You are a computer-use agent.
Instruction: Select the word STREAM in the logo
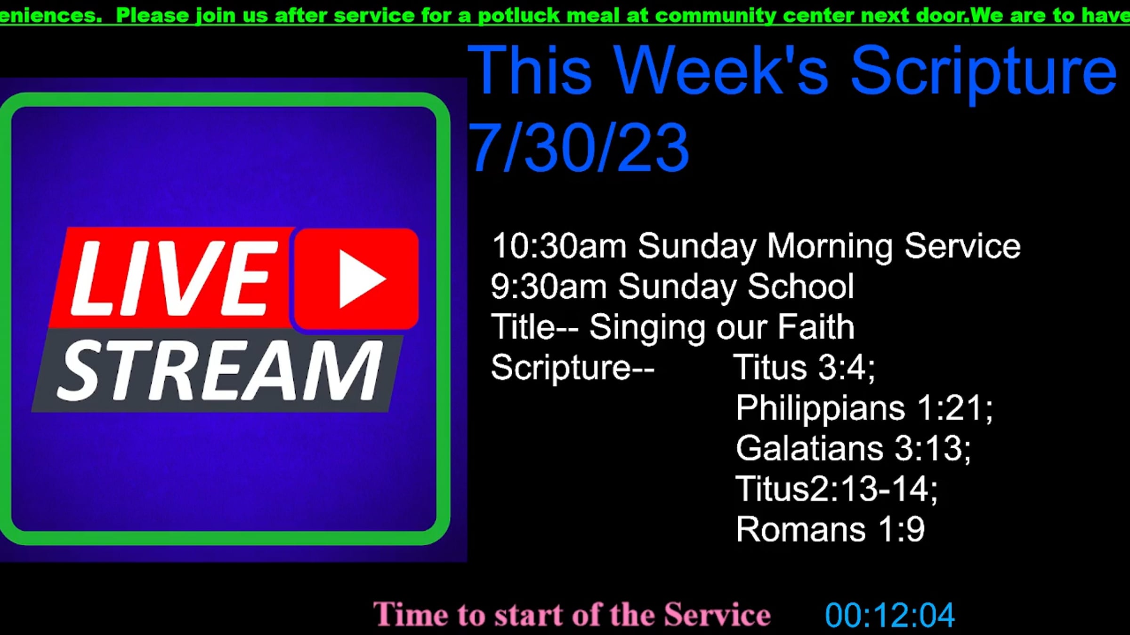click(x=219, y=371)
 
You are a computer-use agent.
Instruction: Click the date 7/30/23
click(x=578, y=147)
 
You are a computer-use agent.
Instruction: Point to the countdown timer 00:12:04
click(x=890, y=615)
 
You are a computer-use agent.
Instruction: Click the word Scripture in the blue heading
click(x=984, y=71)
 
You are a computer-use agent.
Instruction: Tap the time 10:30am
click(x=559, y=246)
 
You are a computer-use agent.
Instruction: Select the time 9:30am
click(x=549, y=286)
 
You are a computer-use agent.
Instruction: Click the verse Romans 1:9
click(x=831, y=529)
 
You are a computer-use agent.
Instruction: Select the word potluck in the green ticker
click(x=519, y=16)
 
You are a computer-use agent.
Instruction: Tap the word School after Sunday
click(x=801, y=286)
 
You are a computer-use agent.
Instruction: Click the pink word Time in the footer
click(x=411, y=614)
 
